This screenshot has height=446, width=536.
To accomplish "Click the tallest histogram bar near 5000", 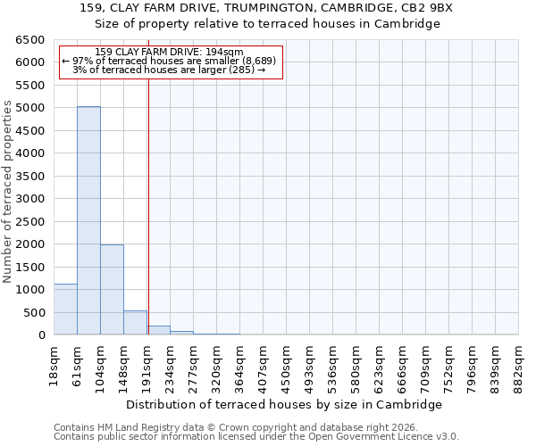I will coord(88,220).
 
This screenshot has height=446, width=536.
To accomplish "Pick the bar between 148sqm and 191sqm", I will coord(135,323).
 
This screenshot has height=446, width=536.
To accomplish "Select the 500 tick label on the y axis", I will coord(33,313).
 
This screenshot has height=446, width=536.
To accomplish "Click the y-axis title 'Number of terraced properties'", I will coord(8,191).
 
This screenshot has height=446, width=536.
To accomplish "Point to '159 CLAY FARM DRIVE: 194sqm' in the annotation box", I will coord(169,53).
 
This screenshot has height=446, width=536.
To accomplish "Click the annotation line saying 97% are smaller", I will coord(169,61).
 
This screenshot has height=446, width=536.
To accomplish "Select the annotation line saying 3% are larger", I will coord(169,70).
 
